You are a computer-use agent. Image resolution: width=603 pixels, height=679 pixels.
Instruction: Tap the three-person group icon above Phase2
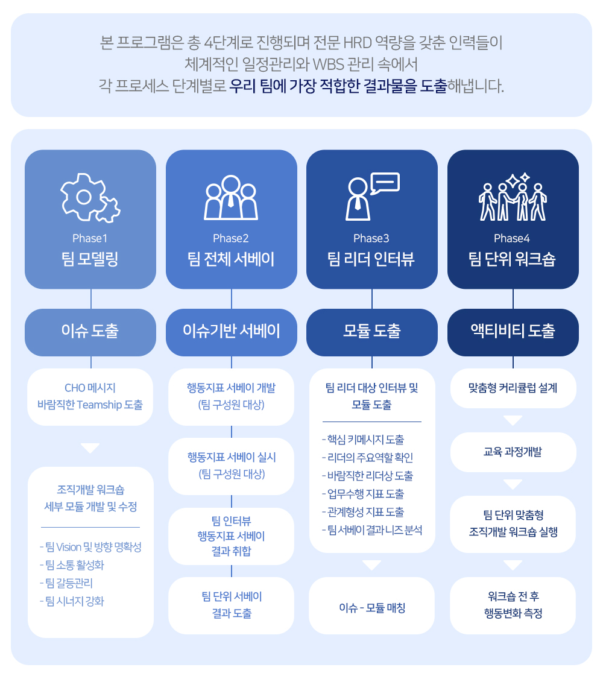(231, 197)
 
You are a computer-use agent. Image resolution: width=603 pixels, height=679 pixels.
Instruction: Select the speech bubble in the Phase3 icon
(385, 183)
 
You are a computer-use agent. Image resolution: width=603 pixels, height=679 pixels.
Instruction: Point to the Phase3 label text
(371, 239)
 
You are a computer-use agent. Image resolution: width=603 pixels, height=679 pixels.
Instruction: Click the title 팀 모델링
(90, 259)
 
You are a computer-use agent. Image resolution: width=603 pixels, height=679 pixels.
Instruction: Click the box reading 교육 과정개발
(513, 452)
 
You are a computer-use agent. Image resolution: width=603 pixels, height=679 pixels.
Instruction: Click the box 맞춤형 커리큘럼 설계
(513, 388)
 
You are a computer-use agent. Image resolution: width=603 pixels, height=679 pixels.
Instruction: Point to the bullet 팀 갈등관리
(66, 583)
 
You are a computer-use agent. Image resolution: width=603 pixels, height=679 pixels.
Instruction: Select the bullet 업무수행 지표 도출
(363, 494)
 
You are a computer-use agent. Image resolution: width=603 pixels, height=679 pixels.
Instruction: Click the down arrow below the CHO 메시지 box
(90, 448)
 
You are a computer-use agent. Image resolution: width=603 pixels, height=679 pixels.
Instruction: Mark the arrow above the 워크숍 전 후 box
(513, 565)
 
